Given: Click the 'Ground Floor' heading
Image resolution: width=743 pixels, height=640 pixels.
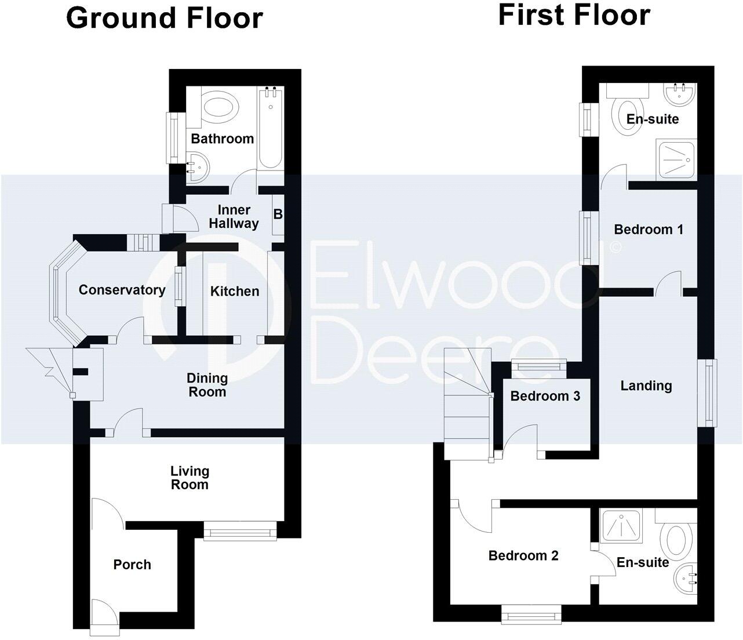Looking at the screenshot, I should click(165, 19).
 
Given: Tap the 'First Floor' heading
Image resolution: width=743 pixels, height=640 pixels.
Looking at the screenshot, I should click(574, 15).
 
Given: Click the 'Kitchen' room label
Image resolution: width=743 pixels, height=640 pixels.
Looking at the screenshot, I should click(235, 291).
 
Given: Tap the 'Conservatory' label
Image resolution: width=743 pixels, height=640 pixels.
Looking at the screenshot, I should click(122, 290).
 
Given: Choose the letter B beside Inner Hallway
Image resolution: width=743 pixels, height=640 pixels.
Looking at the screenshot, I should click(278, 214).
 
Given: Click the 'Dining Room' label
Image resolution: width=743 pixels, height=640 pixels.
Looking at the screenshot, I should click(207, 385).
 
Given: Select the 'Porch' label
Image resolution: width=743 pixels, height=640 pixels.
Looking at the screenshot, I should click(132, 565).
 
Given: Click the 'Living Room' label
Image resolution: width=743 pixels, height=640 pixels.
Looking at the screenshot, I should click(190, 478).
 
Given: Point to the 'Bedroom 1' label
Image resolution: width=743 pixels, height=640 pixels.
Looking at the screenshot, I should click(649, 230).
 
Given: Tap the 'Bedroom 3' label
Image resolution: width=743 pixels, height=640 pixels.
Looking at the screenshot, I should click(545, 397).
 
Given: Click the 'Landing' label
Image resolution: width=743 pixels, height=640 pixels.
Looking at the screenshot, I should click(646, 386).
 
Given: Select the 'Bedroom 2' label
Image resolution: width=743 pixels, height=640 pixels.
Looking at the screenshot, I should click(523, 556).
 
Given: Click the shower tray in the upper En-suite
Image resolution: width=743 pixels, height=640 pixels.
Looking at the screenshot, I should click(676, 159).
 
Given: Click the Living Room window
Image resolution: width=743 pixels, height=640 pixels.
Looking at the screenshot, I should click(241, 529).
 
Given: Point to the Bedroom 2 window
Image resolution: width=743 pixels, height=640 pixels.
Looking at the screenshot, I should click(531, 613).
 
